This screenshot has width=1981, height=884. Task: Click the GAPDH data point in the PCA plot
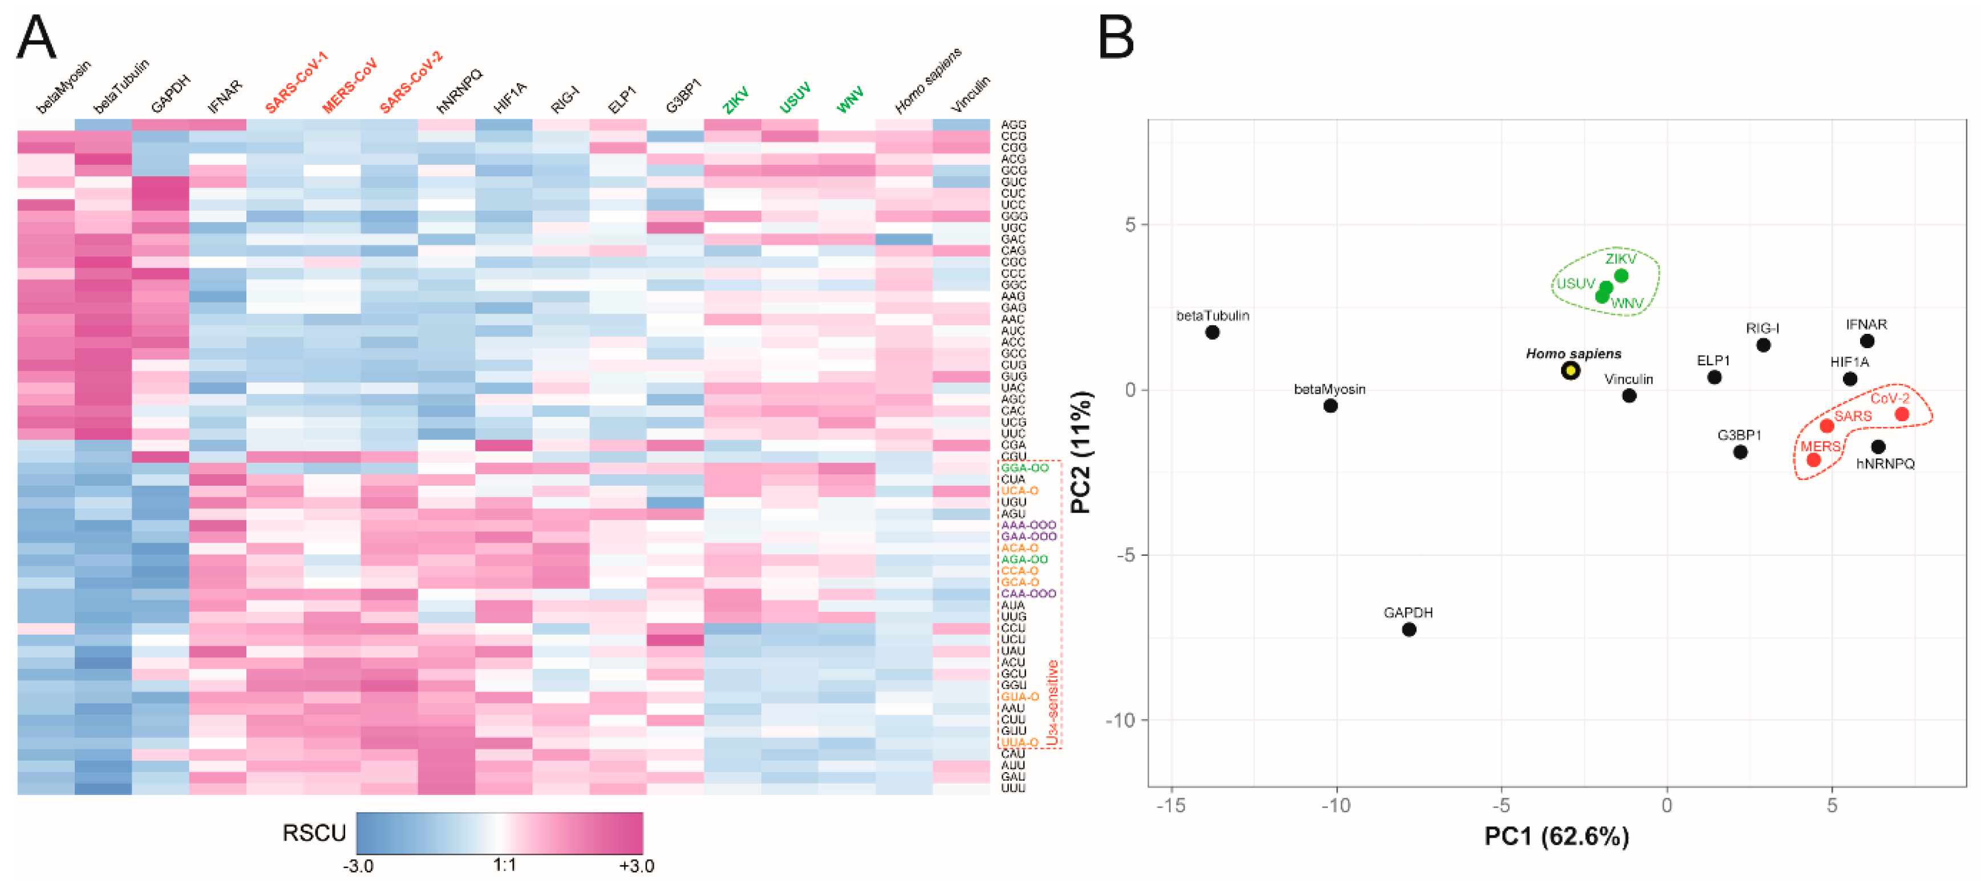[x=1408, y=629]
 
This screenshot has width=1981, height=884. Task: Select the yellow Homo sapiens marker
[x=1570, y=371]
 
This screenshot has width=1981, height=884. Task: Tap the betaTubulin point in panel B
[x=1212, y=332]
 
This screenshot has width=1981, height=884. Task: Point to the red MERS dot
[x=1813, y=460]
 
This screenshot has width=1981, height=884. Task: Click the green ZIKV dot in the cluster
[x=1621, y=276]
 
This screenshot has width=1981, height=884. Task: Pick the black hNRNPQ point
[x=1878, y=446]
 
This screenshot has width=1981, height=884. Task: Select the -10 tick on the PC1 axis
[x=1336, y=805]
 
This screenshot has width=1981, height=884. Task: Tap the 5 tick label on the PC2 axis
[x=1130, y=225]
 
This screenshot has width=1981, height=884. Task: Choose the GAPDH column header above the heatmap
[x=170, y=95]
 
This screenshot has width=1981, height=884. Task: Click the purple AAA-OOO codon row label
[x=1028, y=524]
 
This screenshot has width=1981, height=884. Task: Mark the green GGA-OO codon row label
[x=1023, y=468]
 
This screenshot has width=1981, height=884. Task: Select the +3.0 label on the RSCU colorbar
[x=636, y=866]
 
